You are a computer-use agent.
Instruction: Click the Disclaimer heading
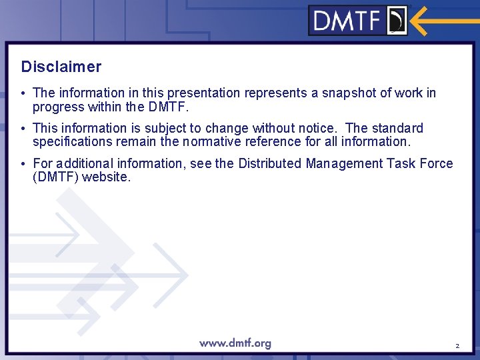61,67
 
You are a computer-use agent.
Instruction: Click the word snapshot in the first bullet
349,93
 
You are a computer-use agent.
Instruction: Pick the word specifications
73,141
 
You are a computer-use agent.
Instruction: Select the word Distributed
269,163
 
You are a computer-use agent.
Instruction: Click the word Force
436,163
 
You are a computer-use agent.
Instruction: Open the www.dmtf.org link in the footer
235,344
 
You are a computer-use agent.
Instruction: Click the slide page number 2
457,346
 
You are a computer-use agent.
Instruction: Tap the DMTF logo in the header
359,21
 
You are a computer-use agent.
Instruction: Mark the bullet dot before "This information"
23,128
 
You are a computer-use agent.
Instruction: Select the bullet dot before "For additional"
23,163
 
